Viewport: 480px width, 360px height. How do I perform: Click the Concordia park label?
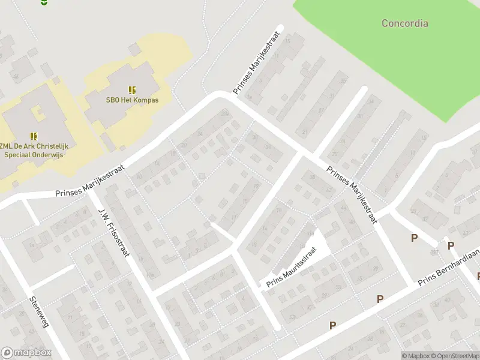click(x=405, y=23)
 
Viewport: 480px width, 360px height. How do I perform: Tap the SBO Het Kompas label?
click(x=133, y=100)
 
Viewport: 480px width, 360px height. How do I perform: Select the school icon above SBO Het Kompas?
click(x=132, y=90)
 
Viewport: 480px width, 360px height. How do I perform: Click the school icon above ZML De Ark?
click(x=34, y=136)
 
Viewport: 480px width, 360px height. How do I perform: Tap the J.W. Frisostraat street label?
click(x=114, y=232)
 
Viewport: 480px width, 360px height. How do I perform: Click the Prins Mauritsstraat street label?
click(x=290, y=268)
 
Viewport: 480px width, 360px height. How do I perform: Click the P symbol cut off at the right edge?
click(x=478, y=276)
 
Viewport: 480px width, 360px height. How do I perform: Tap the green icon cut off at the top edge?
click(x=43, y=2)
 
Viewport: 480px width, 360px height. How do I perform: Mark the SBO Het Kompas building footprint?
click(x=120, y=102)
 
